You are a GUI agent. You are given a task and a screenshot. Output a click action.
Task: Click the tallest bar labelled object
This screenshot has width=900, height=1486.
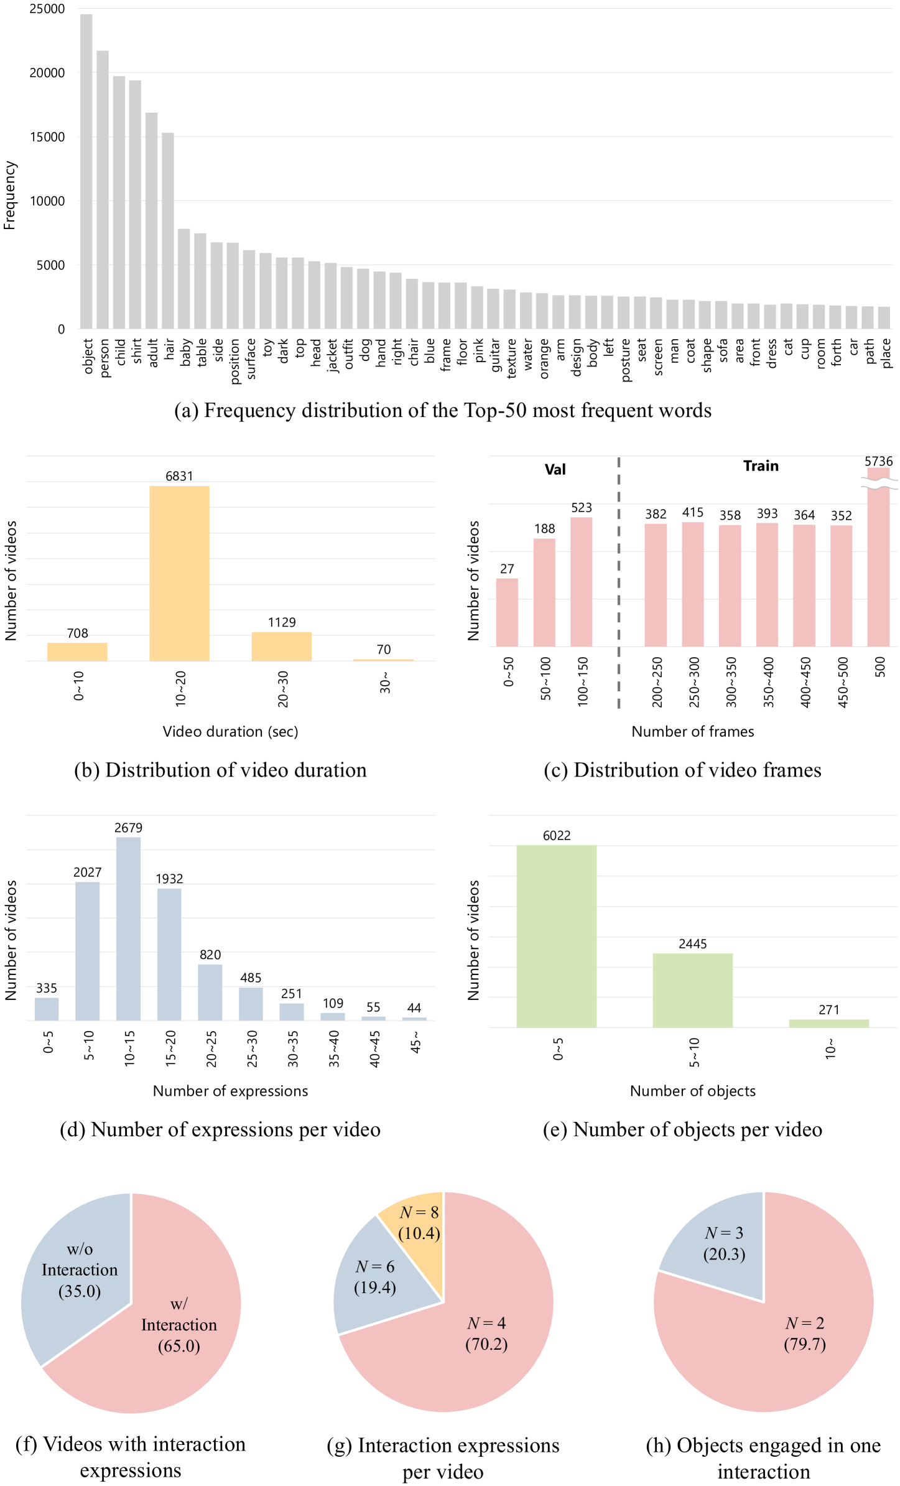pyautogui.click(x=86, y=171)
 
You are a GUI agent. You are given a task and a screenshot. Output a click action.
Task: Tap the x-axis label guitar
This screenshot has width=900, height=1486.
pyautogui.click(x=495, y=355)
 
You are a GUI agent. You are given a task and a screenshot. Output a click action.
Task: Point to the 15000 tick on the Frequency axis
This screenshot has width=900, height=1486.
pyautogui.click(x=47, y=137)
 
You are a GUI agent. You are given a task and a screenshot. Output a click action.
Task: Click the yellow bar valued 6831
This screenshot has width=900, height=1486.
pyautogui.click(x=179, y=573)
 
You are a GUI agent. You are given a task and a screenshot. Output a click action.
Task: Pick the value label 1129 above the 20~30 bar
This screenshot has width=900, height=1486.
pyautogui.click(x=282, y=622)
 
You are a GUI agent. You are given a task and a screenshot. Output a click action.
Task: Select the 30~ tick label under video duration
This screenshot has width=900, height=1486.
pyautogui.click(x=385, y=682)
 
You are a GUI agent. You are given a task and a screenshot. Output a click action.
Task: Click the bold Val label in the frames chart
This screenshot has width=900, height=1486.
pyautogui.click(x=555, y=469)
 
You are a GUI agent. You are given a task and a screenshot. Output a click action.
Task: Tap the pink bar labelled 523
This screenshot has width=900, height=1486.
pyautogui.click(x=581, y=582)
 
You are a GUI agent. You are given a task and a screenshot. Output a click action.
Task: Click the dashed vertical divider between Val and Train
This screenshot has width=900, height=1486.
pyautogui.click(x=618, y=582)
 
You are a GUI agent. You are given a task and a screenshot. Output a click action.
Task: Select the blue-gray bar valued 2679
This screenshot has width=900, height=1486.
pyautogui.click(x=128, y=928)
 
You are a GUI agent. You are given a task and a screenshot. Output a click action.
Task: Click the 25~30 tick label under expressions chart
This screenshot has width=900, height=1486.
pyautogui.click(x=252, y=1049)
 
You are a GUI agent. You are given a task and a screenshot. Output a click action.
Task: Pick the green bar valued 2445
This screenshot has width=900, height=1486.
pyautogui.click(x=692, y=990)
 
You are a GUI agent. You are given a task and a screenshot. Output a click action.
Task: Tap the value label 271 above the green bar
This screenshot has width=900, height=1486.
pyautogui.click(x=828, y=1009)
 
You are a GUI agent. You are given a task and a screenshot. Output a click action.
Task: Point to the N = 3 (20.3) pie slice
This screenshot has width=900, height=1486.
pyautogui.click(x=721, y=1245)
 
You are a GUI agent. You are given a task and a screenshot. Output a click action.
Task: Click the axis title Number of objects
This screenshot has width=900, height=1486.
pyautogui.click(x=692, y=1091)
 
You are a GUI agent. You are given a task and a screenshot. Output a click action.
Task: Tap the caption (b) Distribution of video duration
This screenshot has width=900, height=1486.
pyautogui.click(x=220, y=770)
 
